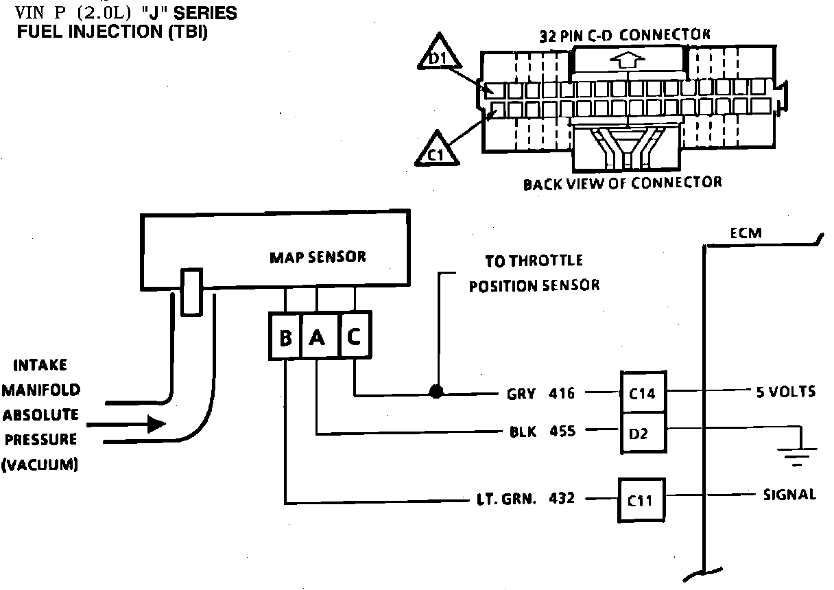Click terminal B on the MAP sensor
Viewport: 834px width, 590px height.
(x=285, y=338)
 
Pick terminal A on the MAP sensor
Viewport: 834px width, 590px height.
(x=317, y=338)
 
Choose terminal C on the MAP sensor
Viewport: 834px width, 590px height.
(x=355, y=337)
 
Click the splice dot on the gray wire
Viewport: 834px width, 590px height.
(x=436, y=392)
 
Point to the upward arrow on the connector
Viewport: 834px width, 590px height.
(x=627, y=60)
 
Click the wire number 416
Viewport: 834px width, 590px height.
(x=562, y=393)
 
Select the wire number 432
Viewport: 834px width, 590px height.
(x=562, y=499)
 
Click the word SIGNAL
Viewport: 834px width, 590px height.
(x=789, y=494)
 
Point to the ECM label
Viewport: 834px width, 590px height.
(x=746, y=233)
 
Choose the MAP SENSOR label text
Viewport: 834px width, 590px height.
(x=318, y=257)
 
